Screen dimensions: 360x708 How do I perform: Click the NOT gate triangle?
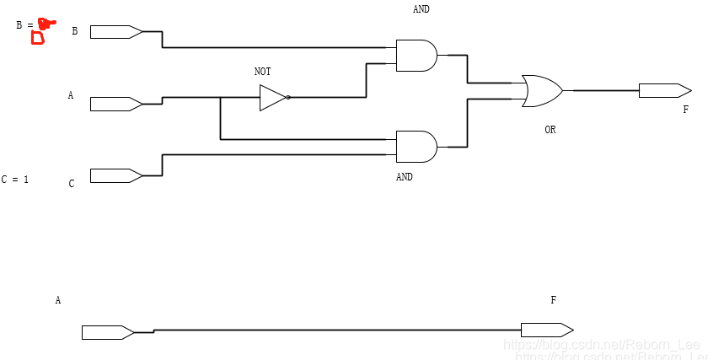(271, 98)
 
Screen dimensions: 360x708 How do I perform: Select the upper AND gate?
(416, 56)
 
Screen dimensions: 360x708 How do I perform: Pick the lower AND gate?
(416, 147)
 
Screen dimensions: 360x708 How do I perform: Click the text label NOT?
(263, 73)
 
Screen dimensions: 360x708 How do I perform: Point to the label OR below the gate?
(550, 130)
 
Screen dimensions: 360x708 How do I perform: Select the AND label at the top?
(421, 9)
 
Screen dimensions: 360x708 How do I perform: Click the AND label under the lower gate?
(405, 178)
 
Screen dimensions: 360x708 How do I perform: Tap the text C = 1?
(15, 180)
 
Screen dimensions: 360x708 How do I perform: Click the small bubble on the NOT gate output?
(288, 98)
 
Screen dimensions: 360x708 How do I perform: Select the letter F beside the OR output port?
(685, 110)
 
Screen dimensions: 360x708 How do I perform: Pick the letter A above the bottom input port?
(58, 300)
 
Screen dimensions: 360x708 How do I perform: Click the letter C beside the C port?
(72, 183)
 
